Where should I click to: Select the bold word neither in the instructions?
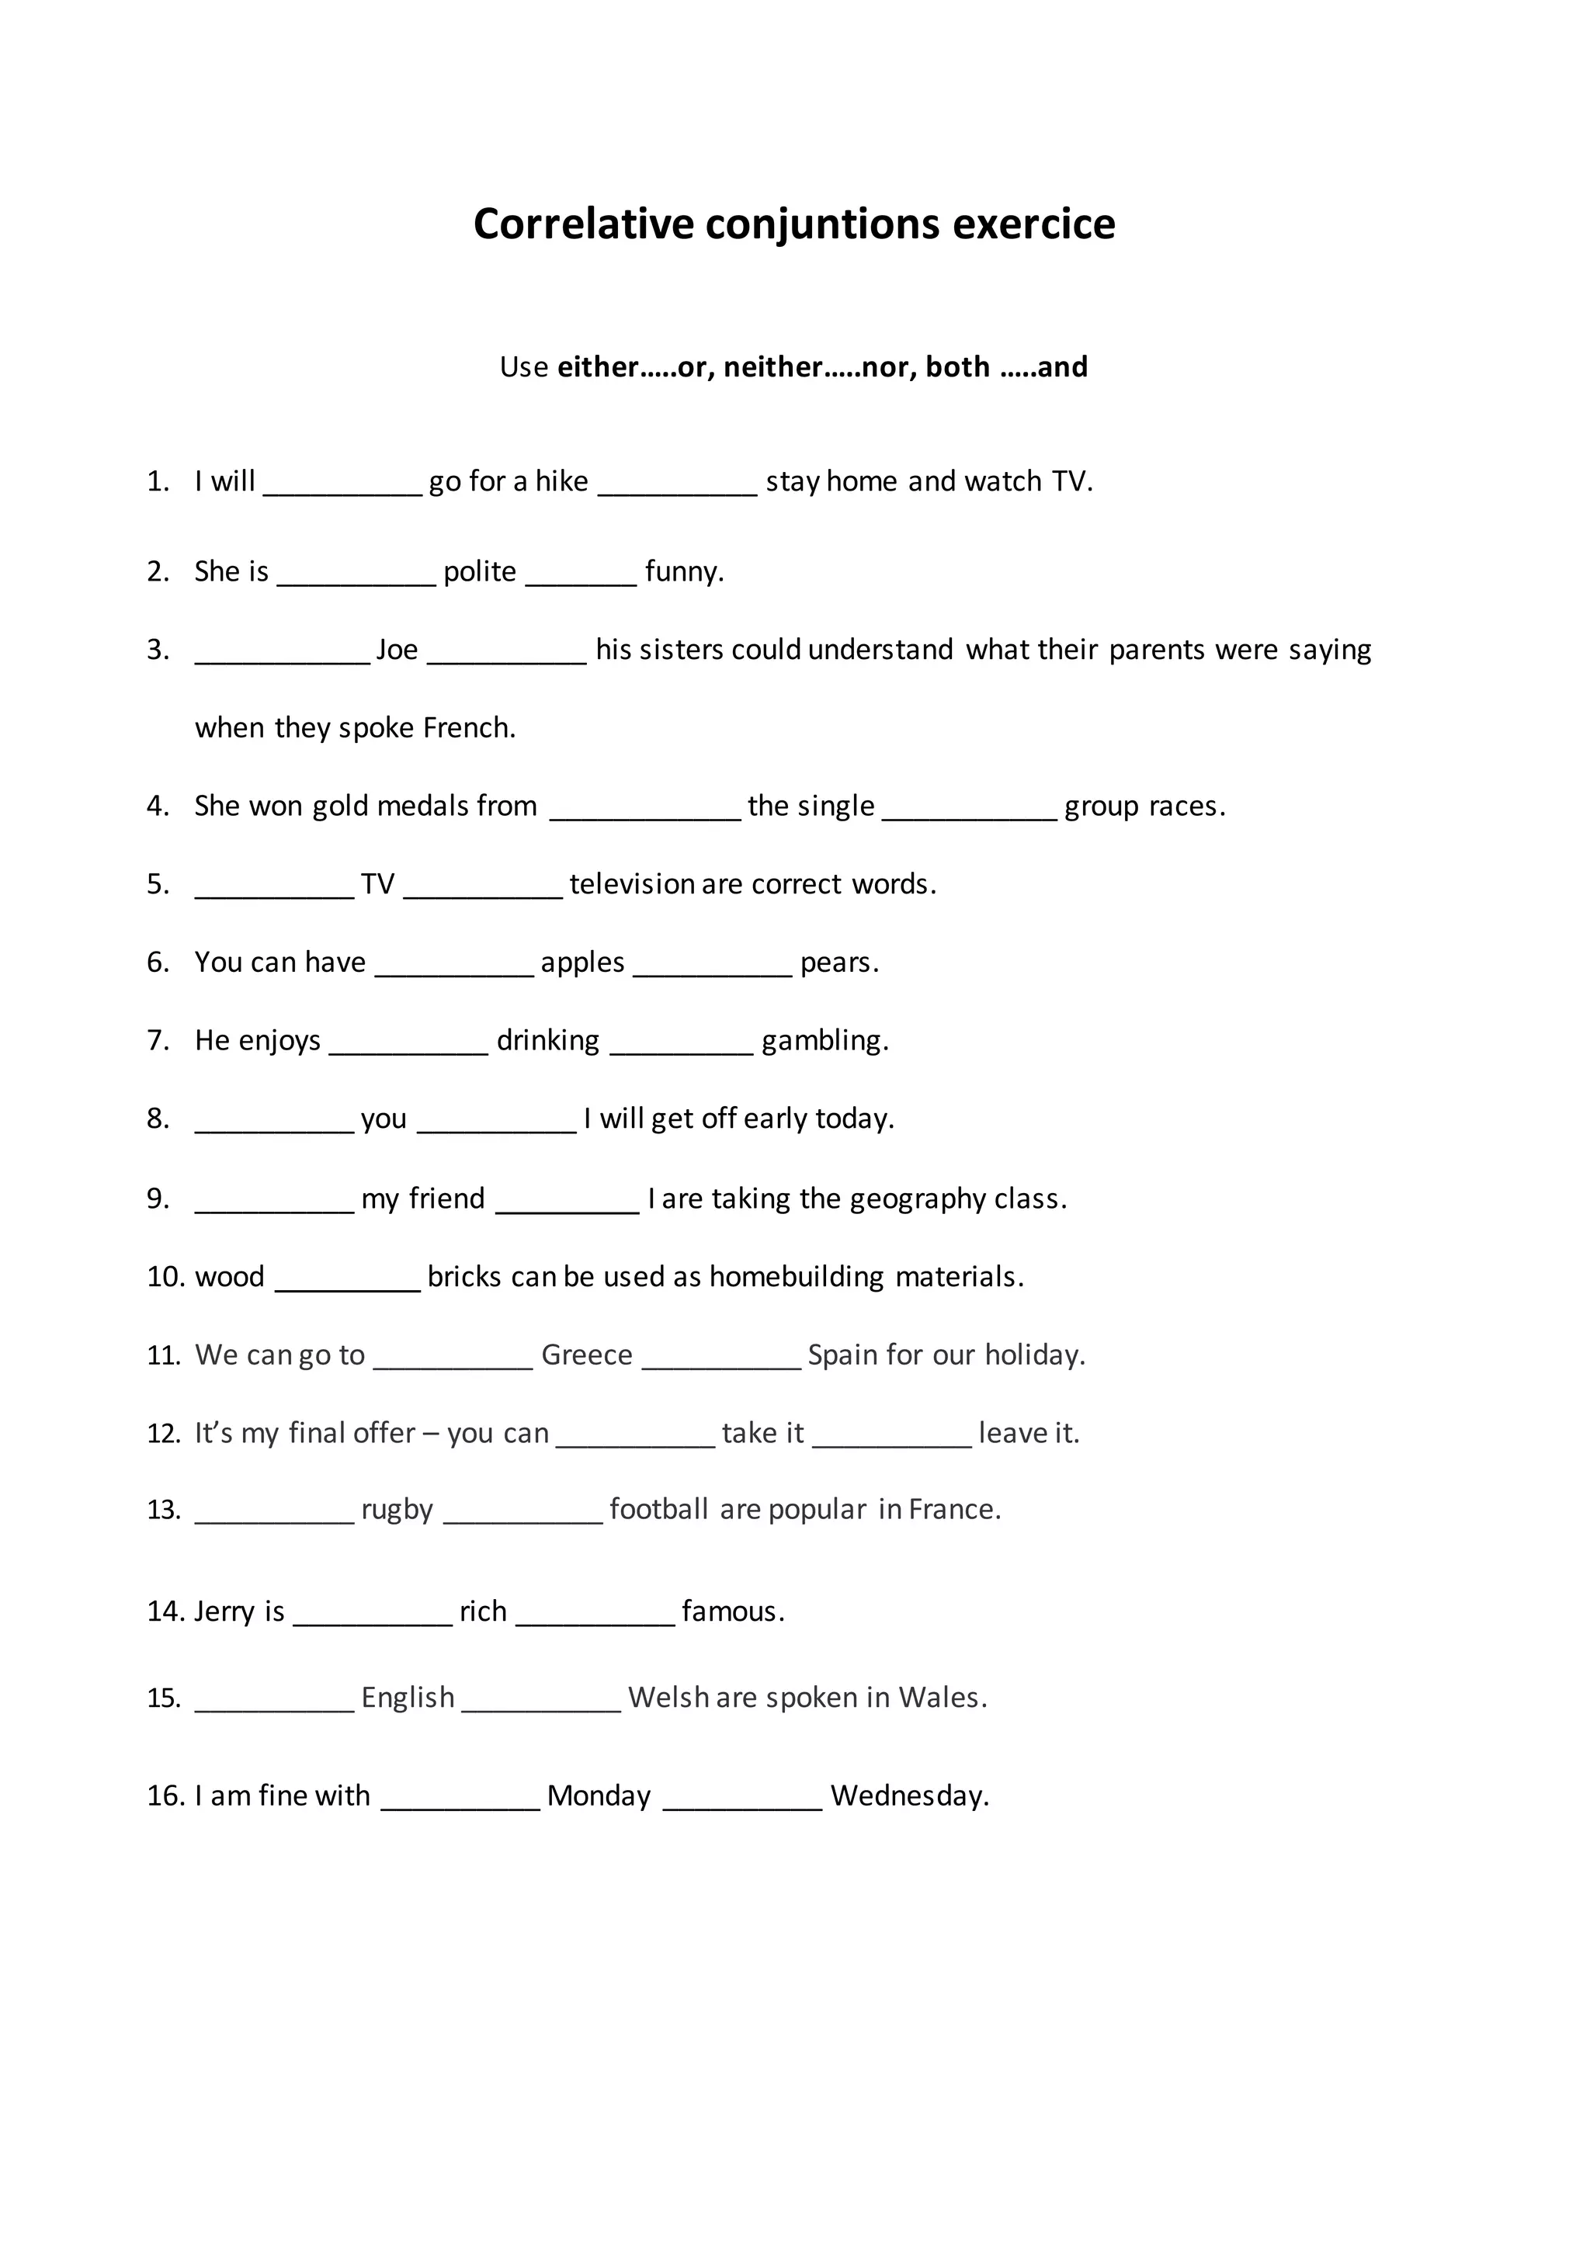pos(772,367)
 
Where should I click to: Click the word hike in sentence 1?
pos(561,482)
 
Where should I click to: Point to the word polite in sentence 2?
pos(480,572)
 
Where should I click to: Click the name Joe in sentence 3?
pos(397,650)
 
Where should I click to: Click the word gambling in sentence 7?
pos(825,1041)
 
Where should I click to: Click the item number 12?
pos(164,1434)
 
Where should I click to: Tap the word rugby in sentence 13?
pos(397,1511)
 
